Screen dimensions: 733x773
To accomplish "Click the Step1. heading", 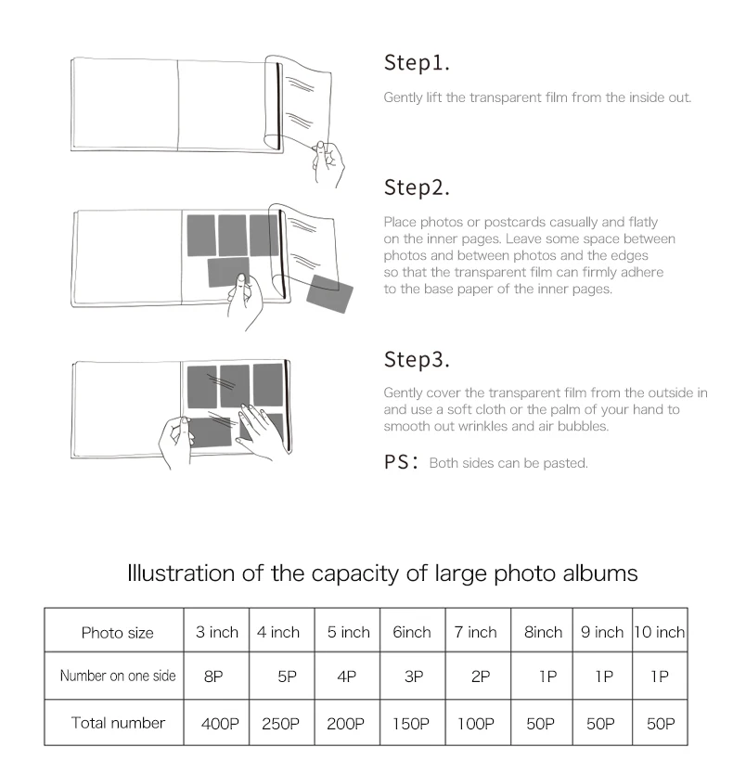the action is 417,63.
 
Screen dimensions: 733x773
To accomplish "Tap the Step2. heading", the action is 417,187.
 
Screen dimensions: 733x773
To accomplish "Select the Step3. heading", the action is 417,360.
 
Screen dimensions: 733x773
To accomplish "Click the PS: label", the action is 401,462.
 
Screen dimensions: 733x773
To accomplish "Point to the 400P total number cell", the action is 220,723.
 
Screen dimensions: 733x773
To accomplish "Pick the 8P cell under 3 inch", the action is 213,676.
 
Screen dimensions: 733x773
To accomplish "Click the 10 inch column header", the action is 660,632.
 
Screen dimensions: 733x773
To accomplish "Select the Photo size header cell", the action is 117,633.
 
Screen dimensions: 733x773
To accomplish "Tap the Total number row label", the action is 119,723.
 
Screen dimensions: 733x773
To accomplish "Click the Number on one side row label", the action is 118,676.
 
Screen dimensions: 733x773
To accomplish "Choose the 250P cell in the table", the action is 280,723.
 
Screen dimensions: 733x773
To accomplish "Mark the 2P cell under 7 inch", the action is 481,676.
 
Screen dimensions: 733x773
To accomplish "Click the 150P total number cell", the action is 411,723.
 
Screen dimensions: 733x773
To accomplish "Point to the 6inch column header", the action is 412,632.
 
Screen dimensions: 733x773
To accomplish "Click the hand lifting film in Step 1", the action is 328,163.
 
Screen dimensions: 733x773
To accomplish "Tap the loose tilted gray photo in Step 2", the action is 329,294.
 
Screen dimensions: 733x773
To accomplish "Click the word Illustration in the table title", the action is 180,573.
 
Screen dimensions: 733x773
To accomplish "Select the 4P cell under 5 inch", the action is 347,676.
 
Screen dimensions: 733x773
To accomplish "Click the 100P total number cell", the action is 476,723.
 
